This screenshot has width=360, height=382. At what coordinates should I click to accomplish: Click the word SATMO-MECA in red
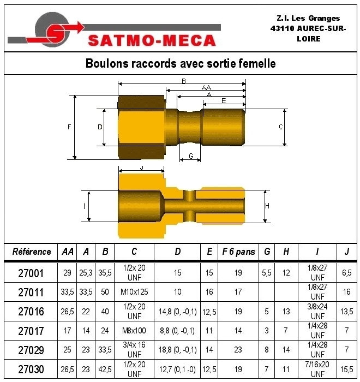(x=152, y=40)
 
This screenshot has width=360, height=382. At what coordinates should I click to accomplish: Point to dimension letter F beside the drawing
(x=69, y=127)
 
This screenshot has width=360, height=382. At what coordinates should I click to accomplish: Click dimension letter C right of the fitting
(x=280, y=127)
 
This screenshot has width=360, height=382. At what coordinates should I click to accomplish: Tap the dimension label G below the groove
(x=191, y=156)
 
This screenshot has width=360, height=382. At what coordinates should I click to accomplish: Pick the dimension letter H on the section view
(x=267, y=206)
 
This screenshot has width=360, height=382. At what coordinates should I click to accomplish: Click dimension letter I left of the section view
(x=85, y=206)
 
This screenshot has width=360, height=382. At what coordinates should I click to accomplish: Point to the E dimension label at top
(x=224, y=101)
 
